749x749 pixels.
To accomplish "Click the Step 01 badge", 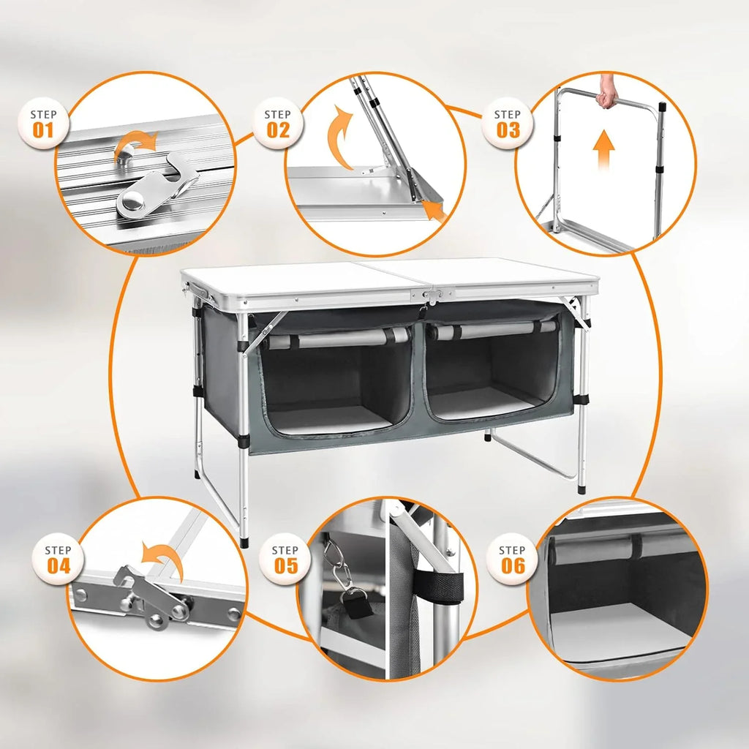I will (x=43, y=124).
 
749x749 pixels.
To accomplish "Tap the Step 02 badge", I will (x=277, y=124).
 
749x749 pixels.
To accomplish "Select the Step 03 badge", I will (x=508, y=124).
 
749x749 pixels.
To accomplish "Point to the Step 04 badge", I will (x=59, y=560).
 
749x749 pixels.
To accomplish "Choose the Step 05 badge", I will (x=285, y=560).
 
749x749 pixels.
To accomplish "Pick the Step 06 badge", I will (x=512, y=560).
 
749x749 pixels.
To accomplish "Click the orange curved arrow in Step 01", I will (x=139, y=142).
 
